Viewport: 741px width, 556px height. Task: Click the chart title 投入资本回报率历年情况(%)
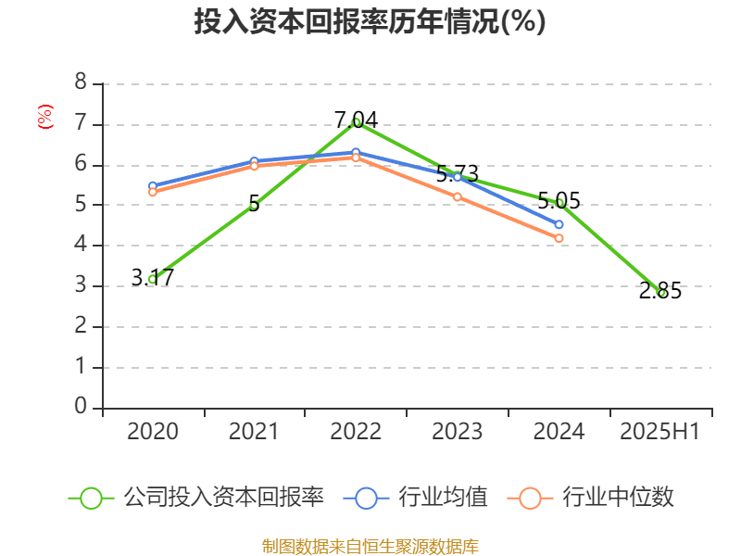click(x=370, y=22)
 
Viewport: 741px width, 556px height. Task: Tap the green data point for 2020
click(x=153, y=279)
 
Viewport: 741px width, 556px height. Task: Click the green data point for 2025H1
click(x=660, y=292)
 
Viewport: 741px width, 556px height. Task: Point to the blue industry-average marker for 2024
click(x=559, y=224)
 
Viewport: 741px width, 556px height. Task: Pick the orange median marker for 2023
click(x=458, y=196)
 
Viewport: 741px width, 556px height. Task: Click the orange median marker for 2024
click(x=559, y=238)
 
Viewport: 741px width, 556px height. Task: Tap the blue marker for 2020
click(x=153, y=185)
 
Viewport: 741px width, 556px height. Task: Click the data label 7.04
click(x=356, y=119)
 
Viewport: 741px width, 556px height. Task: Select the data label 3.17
click(x=153, y=277)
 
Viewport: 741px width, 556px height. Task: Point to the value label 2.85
click(x=660, y=291)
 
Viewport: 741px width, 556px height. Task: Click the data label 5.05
click(x=559, y=200)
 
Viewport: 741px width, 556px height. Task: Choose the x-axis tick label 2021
click(x=254, y=432)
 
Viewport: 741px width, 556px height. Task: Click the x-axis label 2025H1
click(x=660, y=432)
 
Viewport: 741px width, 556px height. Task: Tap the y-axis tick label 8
click(x=81, y=82)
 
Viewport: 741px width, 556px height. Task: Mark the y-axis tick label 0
click(x=81, y=406)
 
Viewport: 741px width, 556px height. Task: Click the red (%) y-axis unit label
click(x=44, y=116)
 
